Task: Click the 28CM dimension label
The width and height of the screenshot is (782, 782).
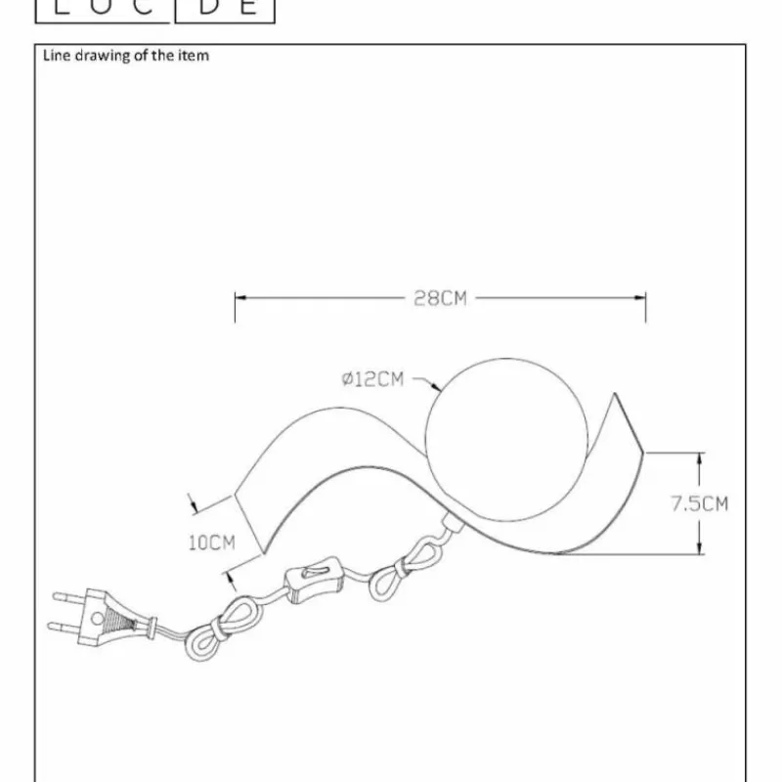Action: (x=441, y=298)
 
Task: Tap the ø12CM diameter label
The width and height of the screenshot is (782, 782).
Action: (x=372, y=379)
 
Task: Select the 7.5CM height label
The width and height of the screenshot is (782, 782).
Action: (x=699, y=503)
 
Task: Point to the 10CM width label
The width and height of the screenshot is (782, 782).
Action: (x=212, y=543)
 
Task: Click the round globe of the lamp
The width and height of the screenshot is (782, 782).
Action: (x=506, y=439)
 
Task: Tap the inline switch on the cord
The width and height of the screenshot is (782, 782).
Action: (x=313, y=580)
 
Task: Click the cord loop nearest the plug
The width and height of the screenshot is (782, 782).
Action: (x=219, y=629)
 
